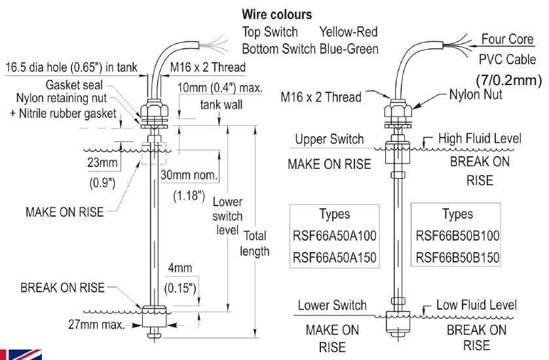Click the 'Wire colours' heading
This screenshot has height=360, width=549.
(x=276, y=14)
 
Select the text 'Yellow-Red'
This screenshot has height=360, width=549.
(x=348, y=31)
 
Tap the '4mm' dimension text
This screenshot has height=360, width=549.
(x=178, y=270)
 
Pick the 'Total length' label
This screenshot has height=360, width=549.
(x=254, y=243)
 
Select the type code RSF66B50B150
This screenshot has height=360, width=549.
(x=457, y=257)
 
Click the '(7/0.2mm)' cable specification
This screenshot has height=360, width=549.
(x=508, y=80)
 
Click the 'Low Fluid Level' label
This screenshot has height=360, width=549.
(x=478, y=305)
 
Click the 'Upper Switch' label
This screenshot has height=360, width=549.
(x=329, y=139)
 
